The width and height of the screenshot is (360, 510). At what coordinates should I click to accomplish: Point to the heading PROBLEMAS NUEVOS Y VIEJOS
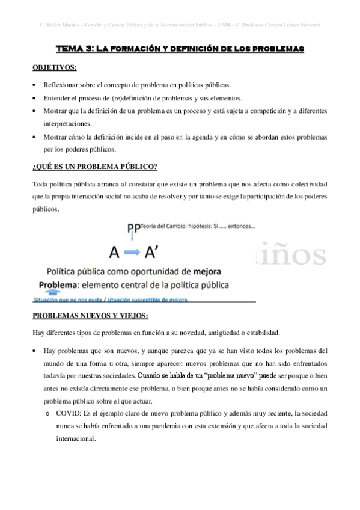pyautogui.click(x=90, y=316)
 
